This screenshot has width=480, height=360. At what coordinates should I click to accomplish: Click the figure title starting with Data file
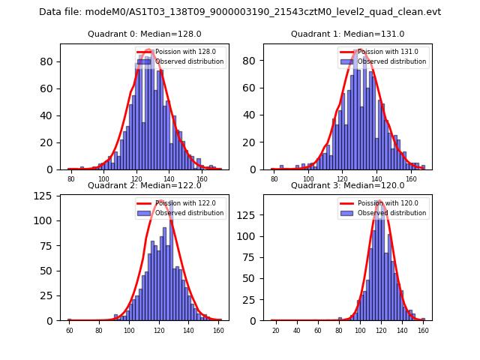240,12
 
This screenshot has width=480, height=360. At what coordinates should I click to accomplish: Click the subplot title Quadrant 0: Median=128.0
144,34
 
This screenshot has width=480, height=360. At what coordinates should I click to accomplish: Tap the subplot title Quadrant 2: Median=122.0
144,185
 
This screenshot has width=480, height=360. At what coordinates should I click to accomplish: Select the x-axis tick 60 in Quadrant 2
69,330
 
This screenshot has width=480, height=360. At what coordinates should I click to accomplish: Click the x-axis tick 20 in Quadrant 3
275,330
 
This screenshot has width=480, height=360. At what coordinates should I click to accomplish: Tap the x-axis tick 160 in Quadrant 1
411,179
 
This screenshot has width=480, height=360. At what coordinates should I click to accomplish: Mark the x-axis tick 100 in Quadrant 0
103,179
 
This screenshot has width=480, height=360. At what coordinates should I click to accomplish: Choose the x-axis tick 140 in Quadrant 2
188,330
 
